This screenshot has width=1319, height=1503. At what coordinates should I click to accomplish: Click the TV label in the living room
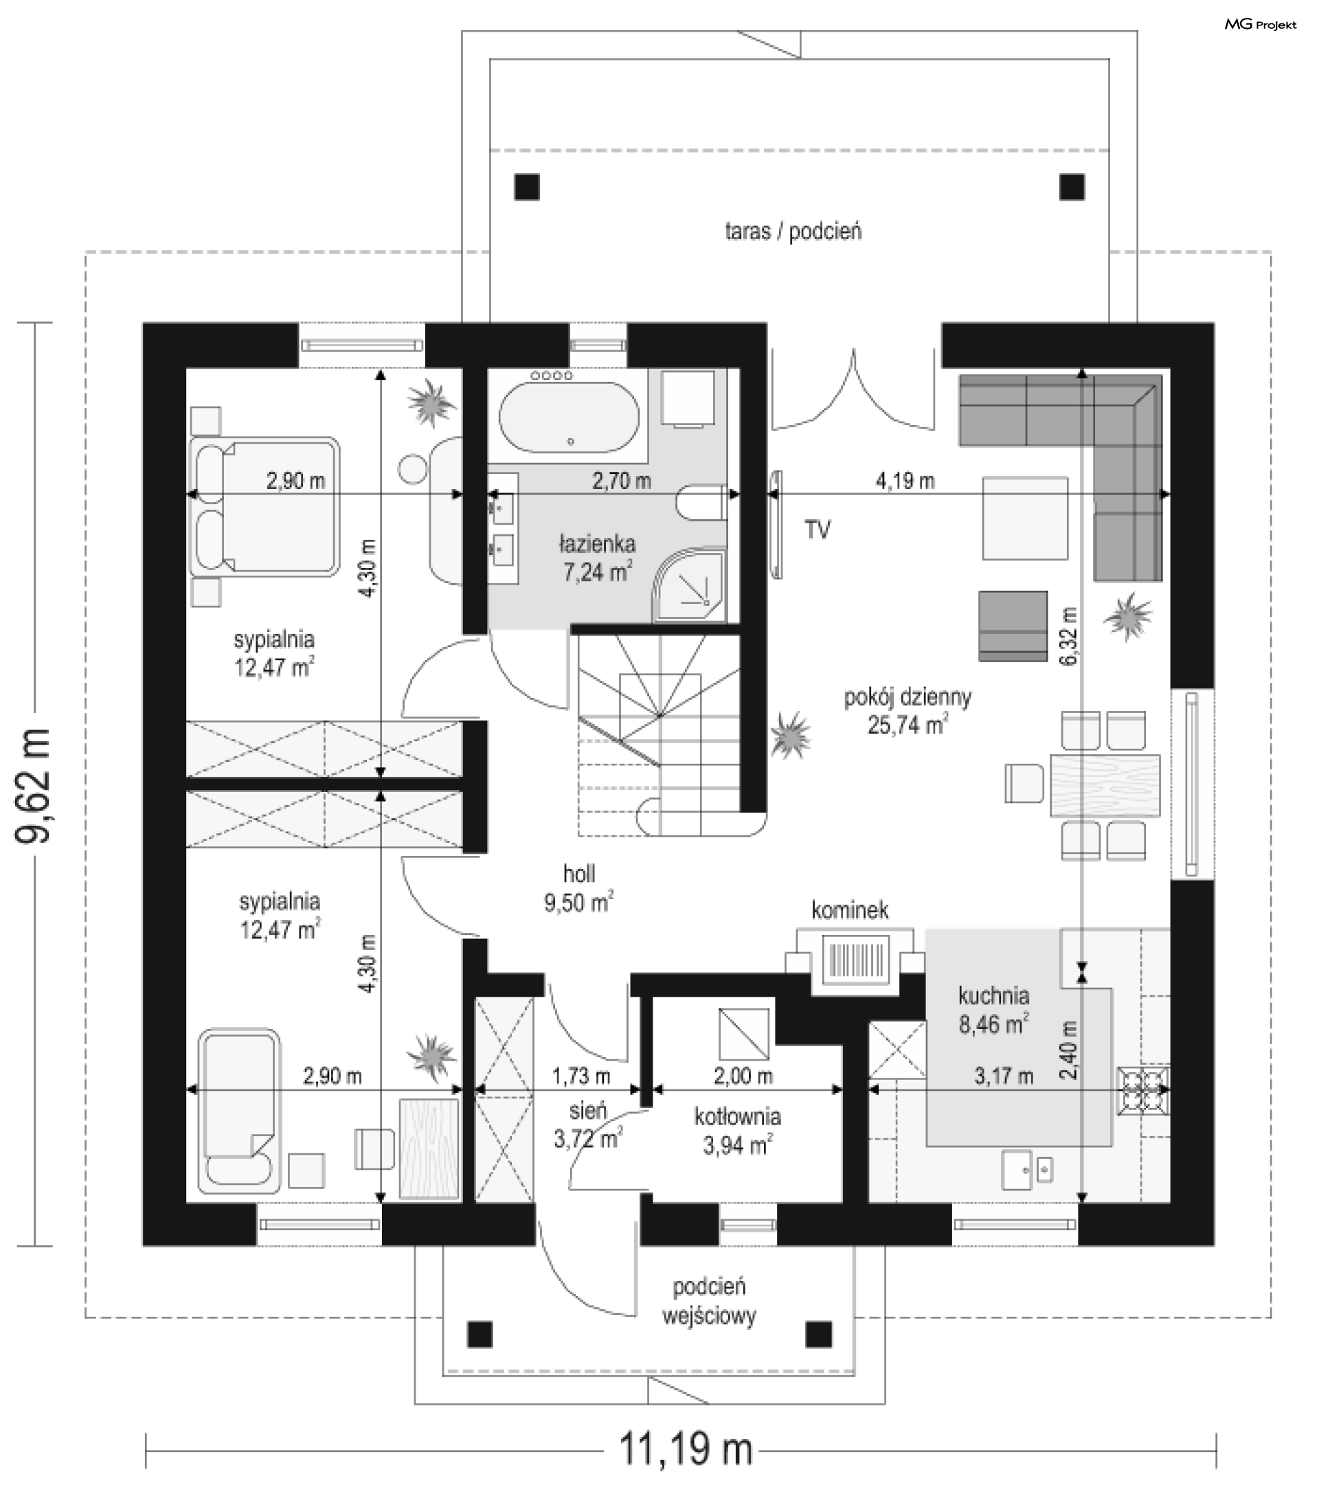pyautogui.click(x=818, y=529)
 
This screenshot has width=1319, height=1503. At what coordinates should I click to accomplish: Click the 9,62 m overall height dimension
pyautogui.click(x=34, y=784)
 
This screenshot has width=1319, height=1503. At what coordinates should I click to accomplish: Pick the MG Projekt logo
pyautogui.click(x=1260, y=25)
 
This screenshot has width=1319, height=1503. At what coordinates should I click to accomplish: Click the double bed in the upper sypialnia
pyautogui.click(x=265, y=507)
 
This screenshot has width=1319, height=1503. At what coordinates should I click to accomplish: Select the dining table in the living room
pyautogui.click(x=1105, y=784)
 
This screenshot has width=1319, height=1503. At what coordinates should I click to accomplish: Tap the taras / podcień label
pyautogui.click(x=793, y=231)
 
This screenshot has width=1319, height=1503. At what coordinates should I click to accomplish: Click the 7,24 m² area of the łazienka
pyautogui.click(x=598, y=572)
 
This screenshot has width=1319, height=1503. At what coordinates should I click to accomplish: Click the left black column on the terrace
pyautogui.click(x=526, y=187)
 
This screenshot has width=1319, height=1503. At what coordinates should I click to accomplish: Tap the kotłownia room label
pyautogui.click(x=737, y=1117)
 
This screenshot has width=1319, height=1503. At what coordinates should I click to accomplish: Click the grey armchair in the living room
pyautogui.click(x=1013, y=626)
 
